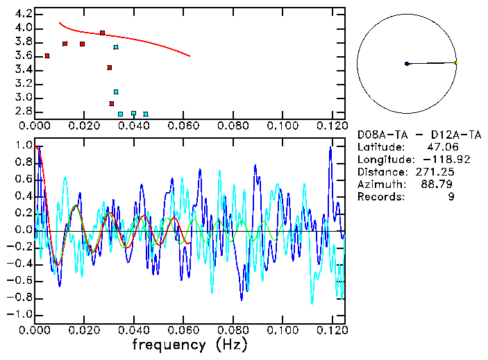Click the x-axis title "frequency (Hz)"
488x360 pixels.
pos(190,344)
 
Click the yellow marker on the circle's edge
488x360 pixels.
pos(456,62)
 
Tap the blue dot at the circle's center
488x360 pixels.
pos(407,64)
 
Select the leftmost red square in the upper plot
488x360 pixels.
pos(47,55)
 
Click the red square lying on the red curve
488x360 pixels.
pos(102,33)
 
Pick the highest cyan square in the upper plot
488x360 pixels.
pos(116,47)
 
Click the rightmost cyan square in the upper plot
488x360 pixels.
pos(145,114)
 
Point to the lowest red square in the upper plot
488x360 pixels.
pos(111,103)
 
